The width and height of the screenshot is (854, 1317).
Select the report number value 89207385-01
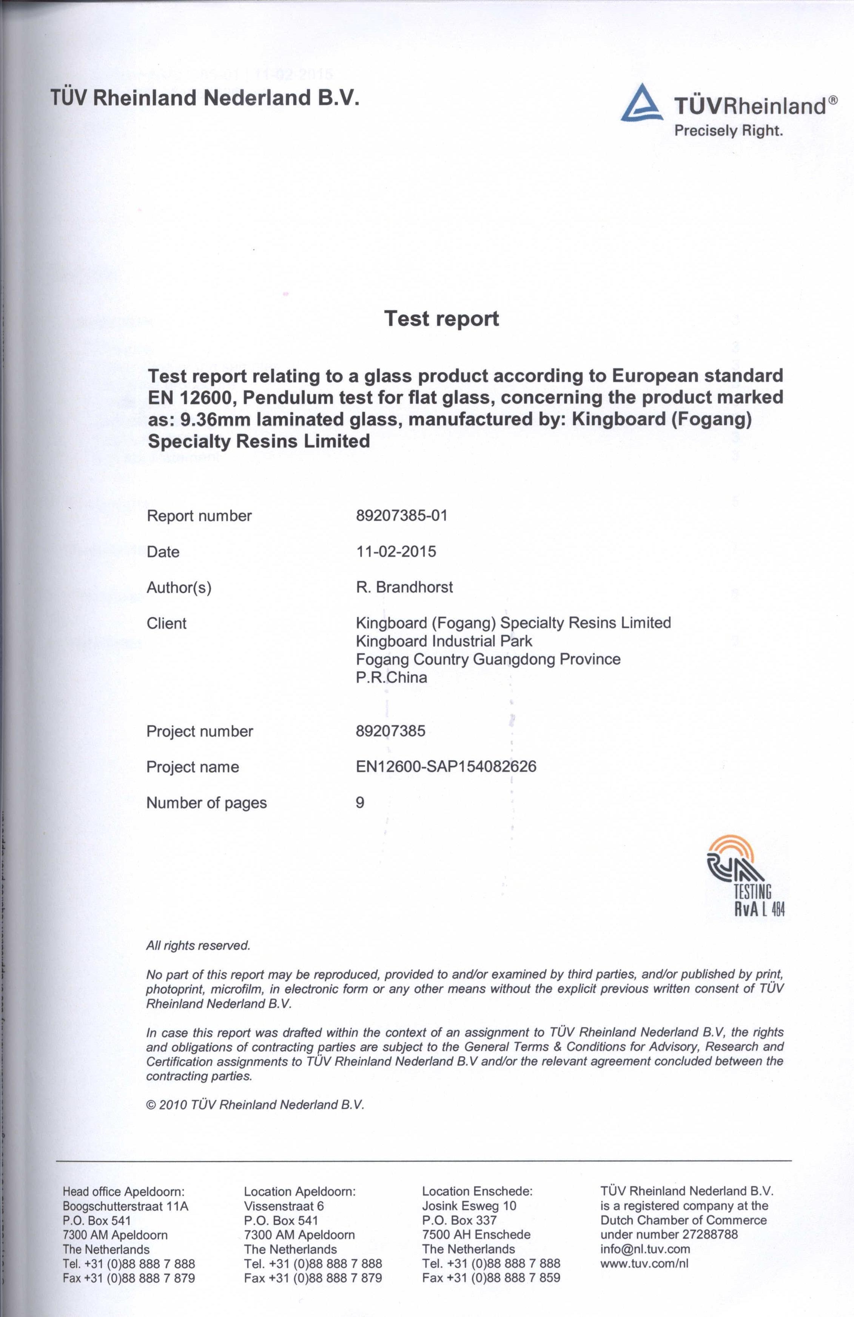[401, 516]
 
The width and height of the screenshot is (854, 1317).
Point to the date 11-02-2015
[396, 552]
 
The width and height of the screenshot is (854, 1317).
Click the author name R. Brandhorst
[404, 587]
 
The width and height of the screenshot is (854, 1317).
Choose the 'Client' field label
[166, 624]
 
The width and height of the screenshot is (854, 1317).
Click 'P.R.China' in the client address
[391, 677]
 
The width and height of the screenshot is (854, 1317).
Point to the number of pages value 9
[360, 803]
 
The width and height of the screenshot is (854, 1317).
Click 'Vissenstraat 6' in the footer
[284, 1206]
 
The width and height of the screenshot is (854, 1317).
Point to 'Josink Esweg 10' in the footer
[469, 1206]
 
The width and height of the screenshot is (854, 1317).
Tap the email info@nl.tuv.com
[645, 1249]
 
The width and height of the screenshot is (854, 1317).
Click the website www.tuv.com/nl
[644, 1263]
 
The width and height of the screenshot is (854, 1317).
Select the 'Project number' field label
[199, 732]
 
